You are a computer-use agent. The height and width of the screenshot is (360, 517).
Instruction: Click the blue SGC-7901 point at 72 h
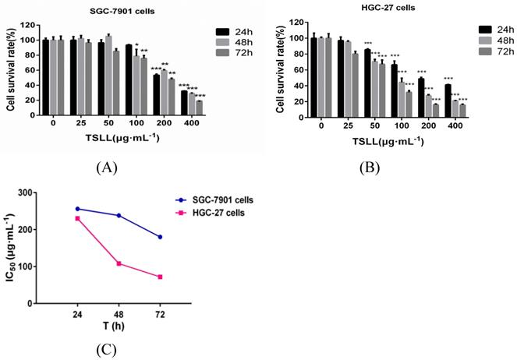point(160,237)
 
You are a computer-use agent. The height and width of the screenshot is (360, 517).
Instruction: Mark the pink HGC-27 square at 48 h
point(119,263)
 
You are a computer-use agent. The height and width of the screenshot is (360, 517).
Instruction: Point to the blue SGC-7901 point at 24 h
point(78,209)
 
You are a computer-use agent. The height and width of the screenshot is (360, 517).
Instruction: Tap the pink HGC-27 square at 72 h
point(160,277)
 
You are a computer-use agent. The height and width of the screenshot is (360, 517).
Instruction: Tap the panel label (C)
point(105,349)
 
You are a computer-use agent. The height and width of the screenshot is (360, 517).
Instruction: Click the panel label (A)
point(106,166)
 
